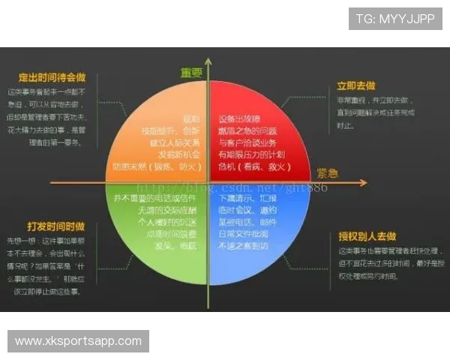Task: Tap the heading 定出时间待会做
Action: pyautogui.click(x=52, y=76)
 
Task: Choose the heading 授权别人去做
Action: pyautogui.click(x=367, y=236)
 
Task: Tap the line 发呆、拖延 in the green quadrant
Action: pyautogui.click(x=176, y=244)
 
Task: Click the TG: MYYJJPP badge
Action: pyautogui.click(x=394, y=18)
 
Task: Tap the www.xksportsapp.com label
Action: pyautogui.click(x=78, y=341)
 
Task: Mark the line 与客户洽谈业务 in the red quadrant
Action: pyautogui.click(x=247, y=141)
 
